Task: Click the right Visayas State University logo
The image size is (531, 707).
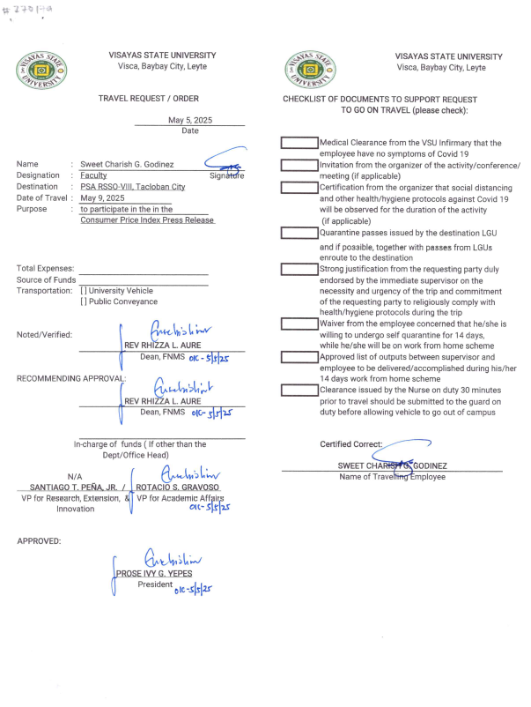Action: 309,69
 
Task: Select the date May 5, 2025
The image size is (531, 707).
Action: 189,121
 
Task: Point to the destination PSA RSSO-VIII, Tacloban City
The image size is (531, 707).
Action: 132,187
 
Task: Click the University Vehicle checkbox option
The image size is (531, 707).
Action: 83,291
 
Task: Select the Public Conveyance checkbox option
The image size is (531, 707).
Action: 83,302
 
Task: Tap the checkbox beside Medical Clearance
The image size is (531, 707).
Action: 299,143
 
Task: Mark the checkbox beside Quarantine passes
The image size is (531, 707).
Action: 299,234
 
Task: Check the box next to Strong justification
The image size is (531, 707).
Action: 299,270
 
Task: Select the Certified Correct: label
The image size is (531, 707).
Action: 351,444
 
